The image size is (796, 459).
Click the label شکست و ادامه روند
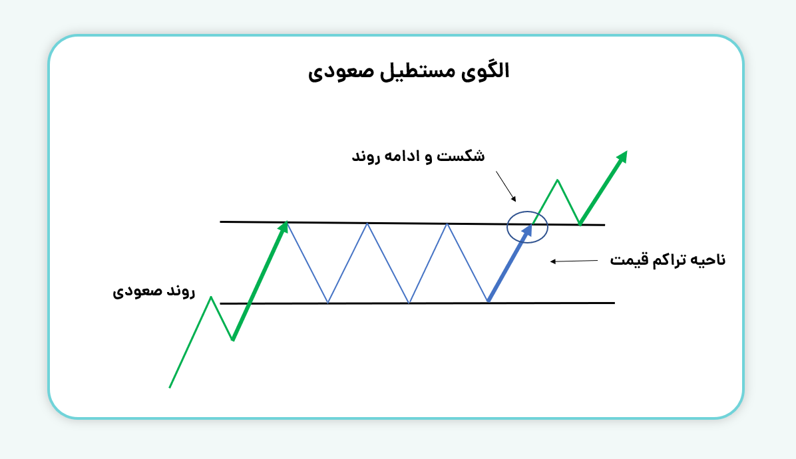[x=418, y=157]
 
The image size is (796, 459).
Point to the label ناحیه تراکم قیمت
[x=668, y=260]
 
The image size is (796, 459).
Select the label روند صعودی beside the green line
[x=154, y=291]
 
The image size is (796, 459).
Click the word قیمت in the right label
[x=628, y=260]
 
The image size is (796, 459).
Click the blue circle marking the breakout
[x=527, y=227]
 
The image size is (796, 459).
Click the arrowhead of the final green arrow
[x=622, y=156]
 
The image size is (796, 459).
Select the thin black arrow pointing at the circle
[x=506, y=186]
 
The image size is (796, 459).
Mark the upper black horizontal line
[x=399, y=224]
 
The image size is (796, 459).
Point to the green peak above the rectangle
[x=558, y=180]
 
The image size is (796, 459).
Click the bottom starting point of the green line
[x=170, y=387]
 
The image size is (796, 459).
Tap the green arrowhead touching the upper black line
[x=284, y=227]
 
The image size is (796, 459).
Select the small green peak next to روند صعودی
[x=212, y=297]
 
